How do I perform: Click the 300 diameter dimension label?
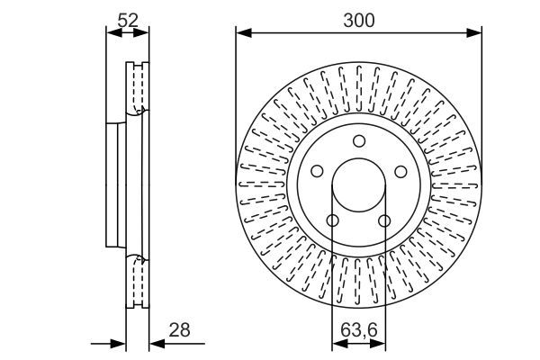(358, 19)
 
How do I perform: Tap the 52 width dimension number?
(127, 18)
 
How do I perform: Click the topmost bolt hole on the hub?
(358, 140)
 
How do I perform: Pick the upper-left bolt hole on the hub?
(317, 171)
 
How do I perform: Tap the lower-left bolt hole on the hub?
(332, 220)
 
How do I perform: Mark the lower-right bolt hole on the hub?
(384, 220)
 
